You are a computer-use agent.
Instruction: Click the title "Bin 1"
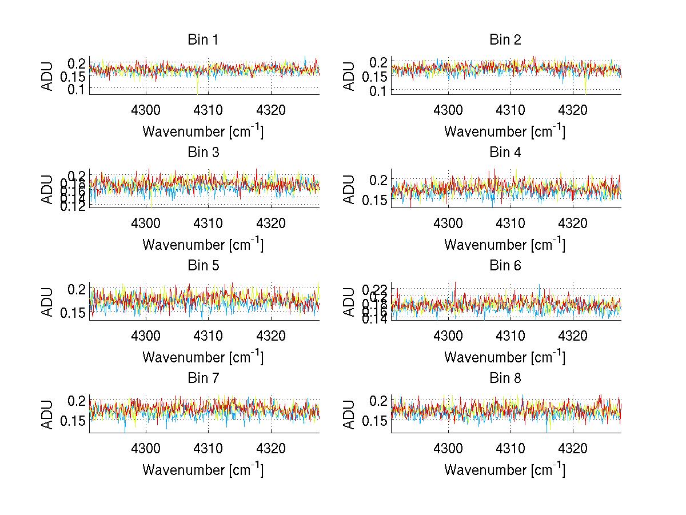click(x=203, y=40)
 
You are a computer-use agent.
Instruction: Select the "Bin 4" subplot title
click(x=505, y=153)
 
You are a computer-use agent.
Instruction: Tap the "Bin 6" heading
click(x=505, y=265)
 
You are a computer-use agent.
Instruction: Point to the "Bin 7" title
click(x=203, y=378)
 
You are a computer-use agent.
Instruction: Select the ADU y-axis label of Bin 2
click(x=349, y=75)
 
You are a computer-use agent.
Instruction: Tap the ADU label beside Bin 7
click(x=47, y=414)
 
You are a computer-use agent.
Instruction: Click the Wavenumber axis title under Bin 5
click(x=203, y=357)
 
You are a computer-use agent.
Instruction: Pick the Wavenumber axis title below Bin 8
click(x=505, y=470)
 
